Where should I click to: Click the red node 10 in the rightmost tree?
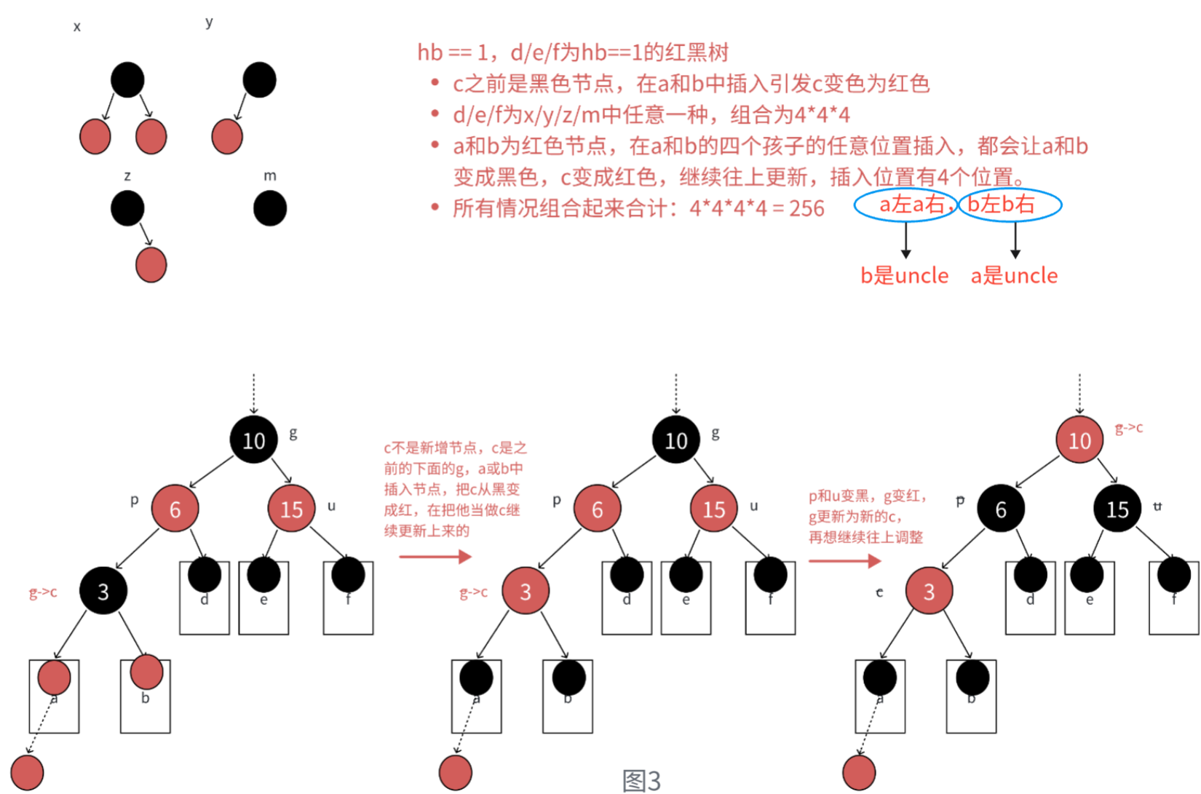pyautogui.click(x=1079, y=440)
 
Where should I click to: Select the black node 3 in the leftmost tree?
pyautogui.click(x=103, y=591)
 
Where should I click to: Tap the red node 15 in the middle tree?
pyautogui.click(x=713, y=509)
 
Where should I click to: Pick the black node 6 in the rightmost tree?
pyautogui.click(x=1001, y=509)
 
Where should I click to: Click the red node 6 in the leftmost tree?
pyautogui.click(x=175, y=509)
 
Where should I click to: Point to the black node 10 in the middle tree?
pyautogui.click(x=675, y=440)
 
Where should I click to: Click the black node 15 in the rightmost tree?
pyautogui.click(x=1117, y=509)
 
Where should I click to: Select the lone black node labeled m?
pyautogui.click(x=270, y=209)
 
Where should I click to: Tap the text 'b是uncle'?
pyautogui.click(x=905, y=276)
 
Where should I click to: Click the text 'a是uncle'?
pyautogui.click(x=1014, y=276)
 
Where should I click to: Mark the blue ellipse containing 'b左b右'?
pyautogui.click(x=1010, y=205)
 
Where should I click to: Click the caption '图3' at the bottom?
pyautogui.click(x=642, y=780)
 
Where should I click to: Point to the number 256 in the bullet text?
pyautogui.click(x=806, y=209)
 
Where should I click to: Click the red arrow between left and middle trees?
pyautogui.click(x=435, y=557)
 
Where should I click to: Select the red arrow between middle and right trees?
pyautogui.click(x=844, y=561)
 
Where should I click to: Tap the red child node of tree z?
pyautogui.click(x=151, y=264)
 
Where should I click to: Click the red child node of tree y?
pyautogui.click(x=227, y=137)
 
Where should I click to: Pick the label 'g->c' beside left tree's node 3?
pyautogui.click(x=43, y=592)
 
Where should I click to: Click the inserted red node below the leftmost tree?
pyautogui.click(x=27, y=773)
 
